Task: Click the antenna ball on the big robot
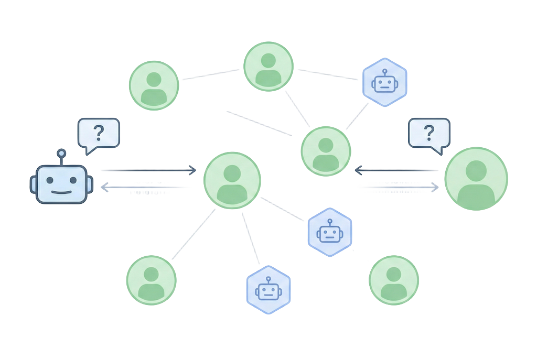(61, 153)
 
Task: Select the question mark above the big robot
(98, 133)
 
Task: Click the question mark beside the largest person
(429, 133)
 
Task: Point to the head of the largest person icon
(476, 171)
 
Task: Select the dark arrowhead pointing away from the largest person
(359, 170)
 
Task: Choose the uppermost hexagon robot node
(384, 82)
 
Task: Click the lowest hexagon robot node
(268, 290)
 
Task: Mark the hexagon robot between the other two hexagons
(329, 232)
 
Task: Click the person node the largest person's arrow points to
(325, 150)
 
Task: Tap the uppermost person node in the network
(268, 67)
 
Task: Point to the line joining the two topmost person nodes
(211, 74)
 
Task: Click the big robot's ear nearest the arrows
(90, 183)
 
